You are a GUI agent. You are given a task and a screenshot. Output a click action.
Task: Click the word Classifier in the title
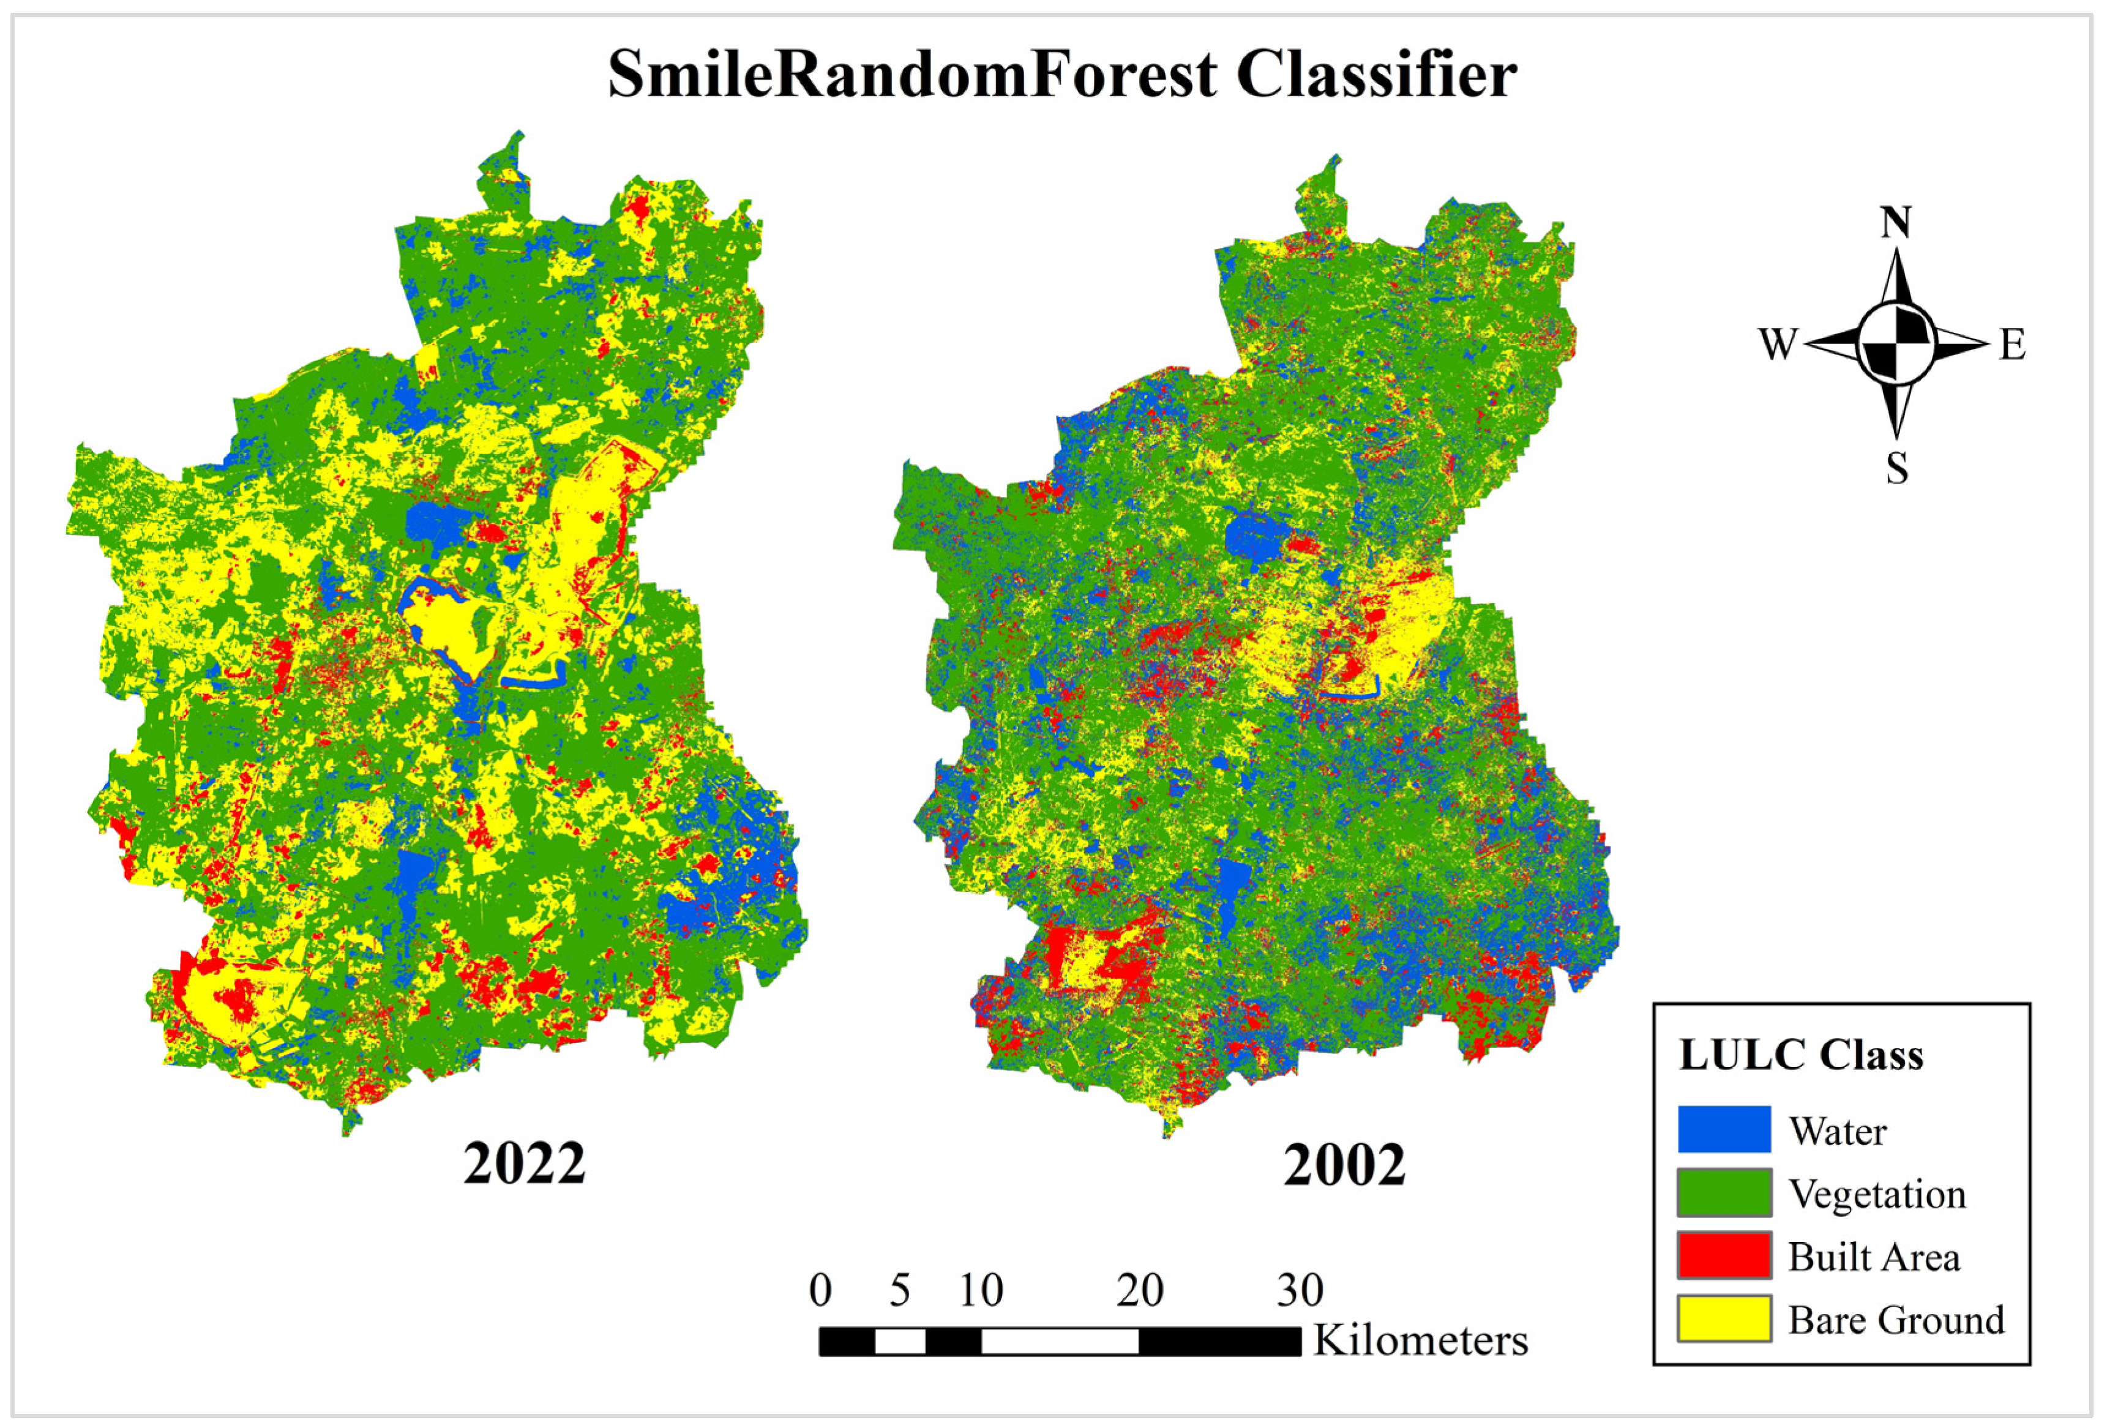[1375, 74]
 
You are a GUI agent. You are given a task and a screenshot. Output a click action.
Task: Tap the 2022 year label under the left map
[524, 1164]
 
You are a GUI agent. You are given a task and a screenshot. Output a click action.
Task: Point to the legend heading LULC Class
[1800, 1055]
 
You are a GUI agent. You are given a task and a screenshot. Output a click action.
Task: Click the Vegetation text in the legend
[1877, 1194]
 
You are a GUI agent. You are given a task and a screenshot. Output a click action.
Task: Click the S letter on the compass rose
[1896, 469]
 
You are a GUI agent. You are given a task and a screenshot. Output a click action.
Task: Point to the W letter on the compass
[1778, 345]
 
